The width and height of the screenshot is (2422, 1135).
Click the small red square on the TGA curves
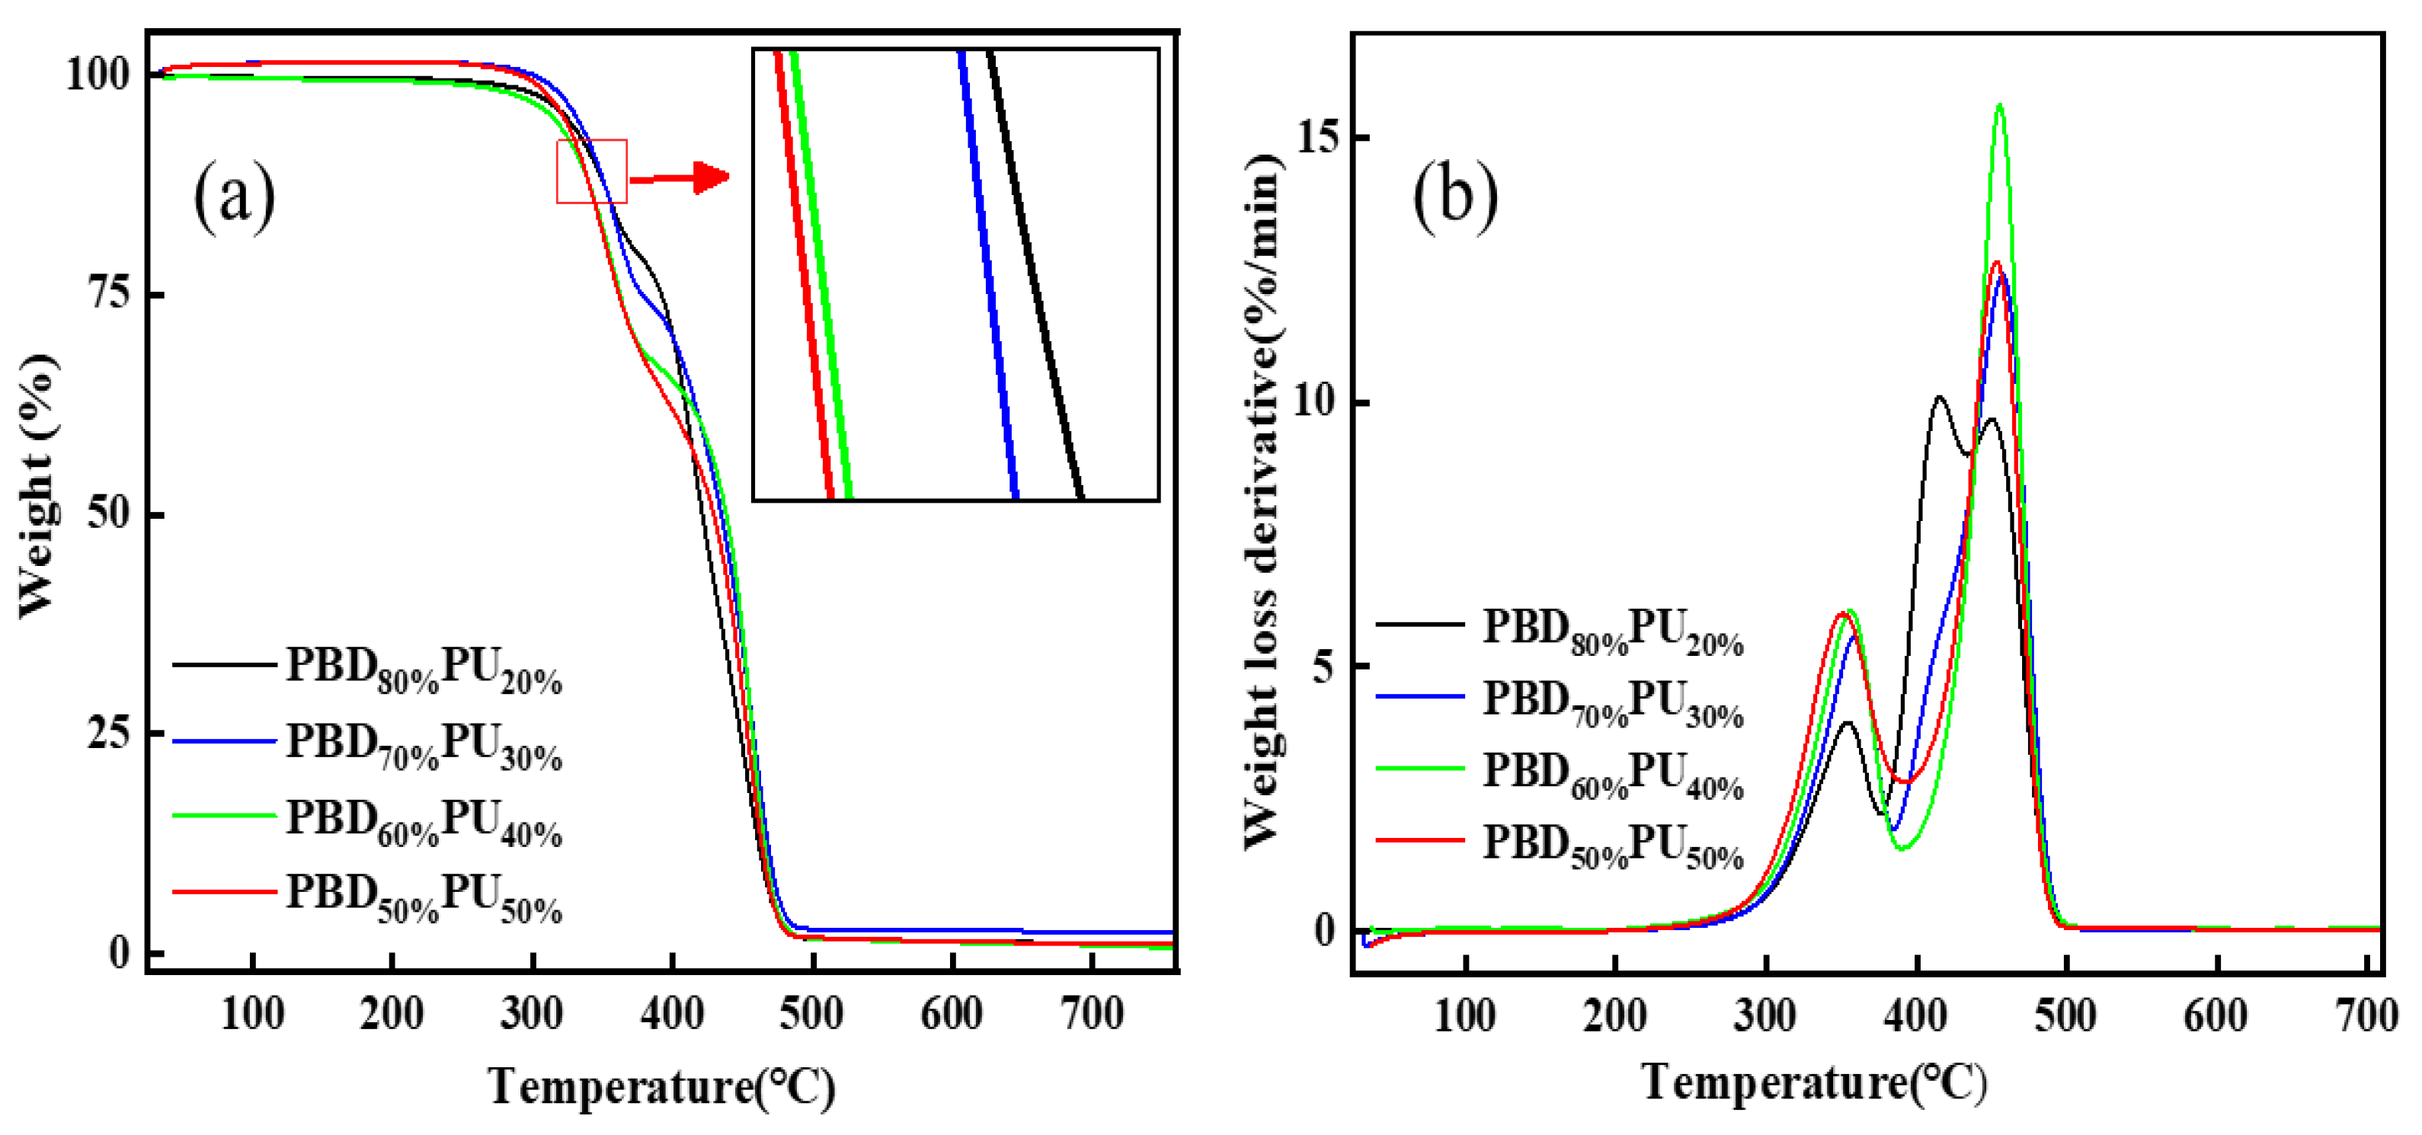coord(591,171)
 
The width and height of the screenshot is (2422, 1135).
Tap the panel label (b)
coord(1454,196)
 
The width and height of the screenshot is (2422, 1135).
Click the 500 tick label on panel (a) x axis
coord(811,1015)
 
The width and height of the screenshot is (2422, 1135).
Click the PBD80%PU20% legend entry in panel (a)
coord(423,669)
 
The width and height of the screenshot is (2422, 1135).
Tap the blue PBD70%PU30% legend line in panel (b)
coord(1419,697)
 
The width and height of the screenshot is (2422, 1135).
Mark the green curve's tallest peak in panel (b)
coord(2000,105)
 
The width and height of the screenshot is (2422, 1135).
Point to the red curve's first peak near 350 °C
coord(1841,614)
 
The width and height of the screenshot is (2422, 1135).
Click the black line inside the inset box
coord(1034,273)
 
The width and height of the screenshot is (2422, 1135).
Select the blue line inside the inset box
coord(987,273)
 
